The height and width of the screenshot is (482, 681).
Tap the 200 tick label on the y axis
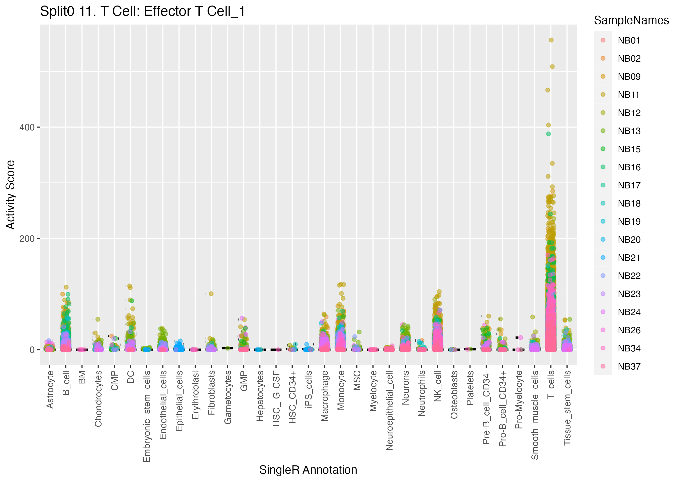[x=27, y=239]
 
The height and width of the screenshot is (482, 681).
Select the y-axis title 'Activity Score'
[x=11, y=195]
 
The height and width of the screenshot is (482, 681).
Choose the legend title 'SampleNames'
[x=631, y=20]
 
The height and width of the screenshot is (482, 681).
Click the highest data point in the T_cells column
[x=551, y=40]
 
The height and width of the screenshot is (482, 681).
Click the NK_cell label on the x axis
[x=438, y=386]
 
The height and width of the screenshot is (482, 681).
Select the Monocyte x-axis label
[x=341, y=390]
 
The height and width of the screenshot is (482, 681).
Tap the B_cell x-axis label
[x=66, y=383]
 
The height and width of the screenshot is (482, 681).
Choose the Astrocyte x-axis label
[x=50, y=389]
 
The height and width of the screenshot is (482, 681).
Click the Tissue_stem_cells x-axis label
[x=567, y=408]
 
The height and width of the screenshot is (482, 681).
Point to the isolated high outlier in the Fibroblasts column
[x=211, y=294]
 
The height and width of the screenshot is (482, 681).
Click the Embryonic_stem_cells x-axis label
[x=147, y=416]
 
